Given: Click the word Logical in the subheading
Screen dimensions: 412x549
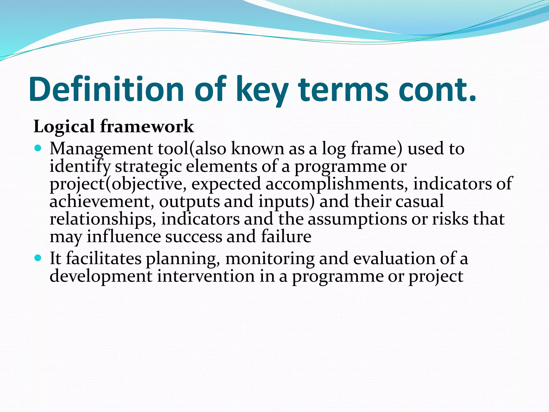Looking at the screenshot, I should pos(64,127).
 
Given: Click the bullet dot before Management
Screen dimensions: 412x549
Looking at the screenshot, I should pos(38,148).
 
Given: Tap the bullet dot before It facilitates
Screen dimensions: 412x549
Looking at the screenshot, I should pos(38,258).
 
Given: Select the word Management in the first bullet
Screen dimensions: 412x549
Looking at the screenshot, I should pos(101,149).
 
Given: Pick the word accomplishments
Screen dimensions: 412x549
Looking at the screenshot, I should pos(337,184).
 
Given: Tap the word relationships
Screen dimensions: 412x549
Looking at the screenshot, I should pos(103,219).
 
